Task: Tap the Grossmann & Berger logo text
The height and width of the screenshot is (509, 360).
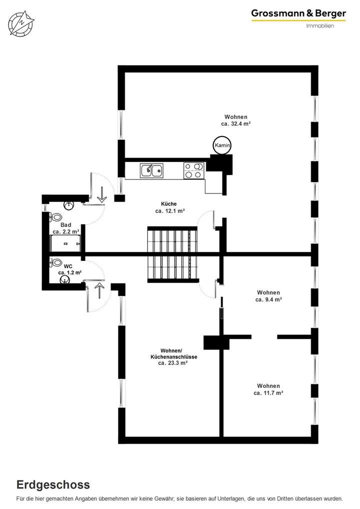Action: (x=298, y=14)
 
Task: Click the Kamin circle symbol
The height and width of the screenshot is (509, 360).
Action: (x=222, y=145)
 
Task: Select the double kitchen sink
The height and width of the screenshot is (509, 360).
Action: (x=151, y=170)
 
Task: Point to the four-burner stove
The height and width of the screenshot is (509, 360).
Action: (x=193, y=170)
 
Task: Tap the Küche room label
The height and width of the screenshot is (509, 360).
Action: (x=169, y=204)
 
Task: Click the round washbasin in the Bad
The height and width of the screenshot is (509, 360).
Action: (x=69, y=205)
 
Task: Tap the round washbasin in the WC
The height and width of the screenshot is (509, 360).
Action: (x=65, y=281)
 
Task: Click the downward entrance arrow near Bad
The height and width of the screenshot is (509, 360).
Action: (x=102, y=194)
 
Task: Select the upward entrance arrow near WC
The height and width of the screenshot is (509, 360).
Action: (x=98, y=289)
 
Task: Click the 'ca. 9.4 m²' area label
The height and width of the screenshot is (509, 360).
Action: (x=268, y=300)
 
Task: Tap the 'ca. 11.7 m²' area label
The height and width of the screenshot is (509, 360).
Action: (x=268, y=393)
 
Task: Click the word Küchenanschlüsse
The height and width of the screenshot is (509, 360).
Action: (x=173, y=356)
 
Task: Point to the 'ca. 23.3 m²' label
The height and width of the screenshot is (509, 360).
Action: (x=173, y=363)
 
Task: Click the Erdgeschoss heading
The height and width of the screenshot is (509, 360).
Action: (x=53, y=484)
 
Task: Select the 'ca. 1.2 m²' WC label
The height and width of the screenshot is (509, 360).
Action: (x=69, y=272)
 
